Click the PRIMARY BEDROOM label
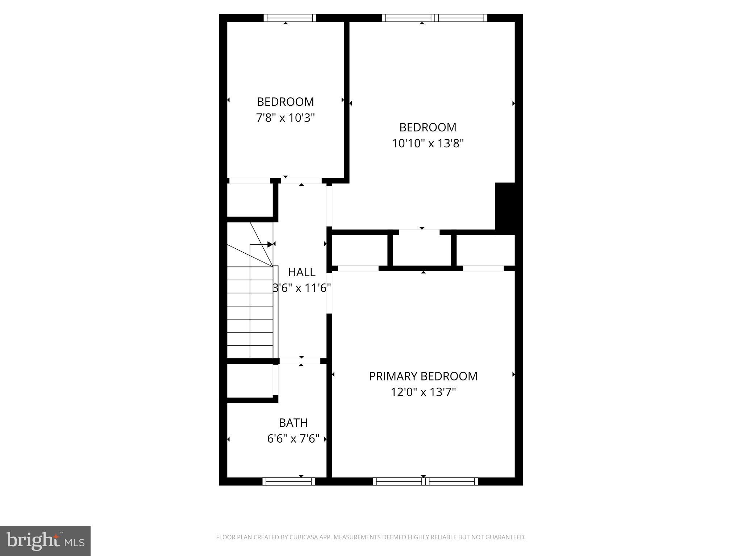423,376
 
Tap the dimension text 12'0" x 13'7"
423,392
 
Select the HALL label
301,272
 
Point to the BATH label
293,423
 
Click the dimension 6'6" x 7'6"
293,439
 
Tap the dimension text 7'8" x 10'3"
285,118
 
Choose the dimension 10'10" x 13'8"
428,144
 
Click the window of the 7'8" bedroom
289,18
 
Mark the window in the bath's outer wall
288,481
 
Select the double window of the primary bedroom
425,481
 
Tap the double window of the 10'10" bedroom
434,18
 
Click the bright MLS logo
45,541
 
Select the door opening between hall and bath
300,361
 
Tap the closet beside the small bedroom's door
250,200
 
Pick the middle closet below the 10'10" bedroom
422,250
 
